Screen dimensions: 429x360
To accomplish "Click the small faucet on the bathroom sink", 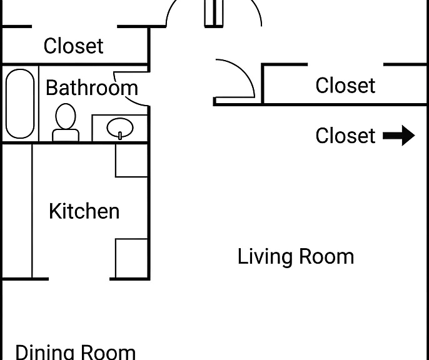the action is click(x=120, y=136).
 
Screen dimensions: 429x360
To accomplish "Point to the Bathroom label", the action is click(x=92, y=87).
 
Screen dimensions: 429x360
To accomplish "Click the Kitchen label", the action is click(x=84, y=211).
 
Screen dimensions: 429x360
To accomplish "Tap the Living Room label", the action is click(x=296, y=256).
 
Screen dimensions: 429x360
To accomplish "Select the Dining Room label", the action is click(x=76, y=352).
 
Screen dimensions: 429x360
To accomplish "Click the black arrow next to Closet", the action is click(x=398, y=136).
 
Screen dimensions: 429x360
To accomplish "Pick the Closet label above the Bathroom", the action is click(x=73, y=46).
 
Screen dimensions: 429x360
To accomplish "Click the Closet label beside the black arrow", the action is click(x=345, y=136).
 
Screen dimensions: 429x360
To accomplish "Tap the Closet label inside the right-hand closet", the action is click(x=345, y=85).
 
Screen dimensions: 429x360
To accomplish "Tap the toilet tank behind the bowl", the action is click(x=66, y=135).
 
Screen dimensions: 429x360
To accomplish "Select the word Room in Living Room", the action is click(x=326, y=256).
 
